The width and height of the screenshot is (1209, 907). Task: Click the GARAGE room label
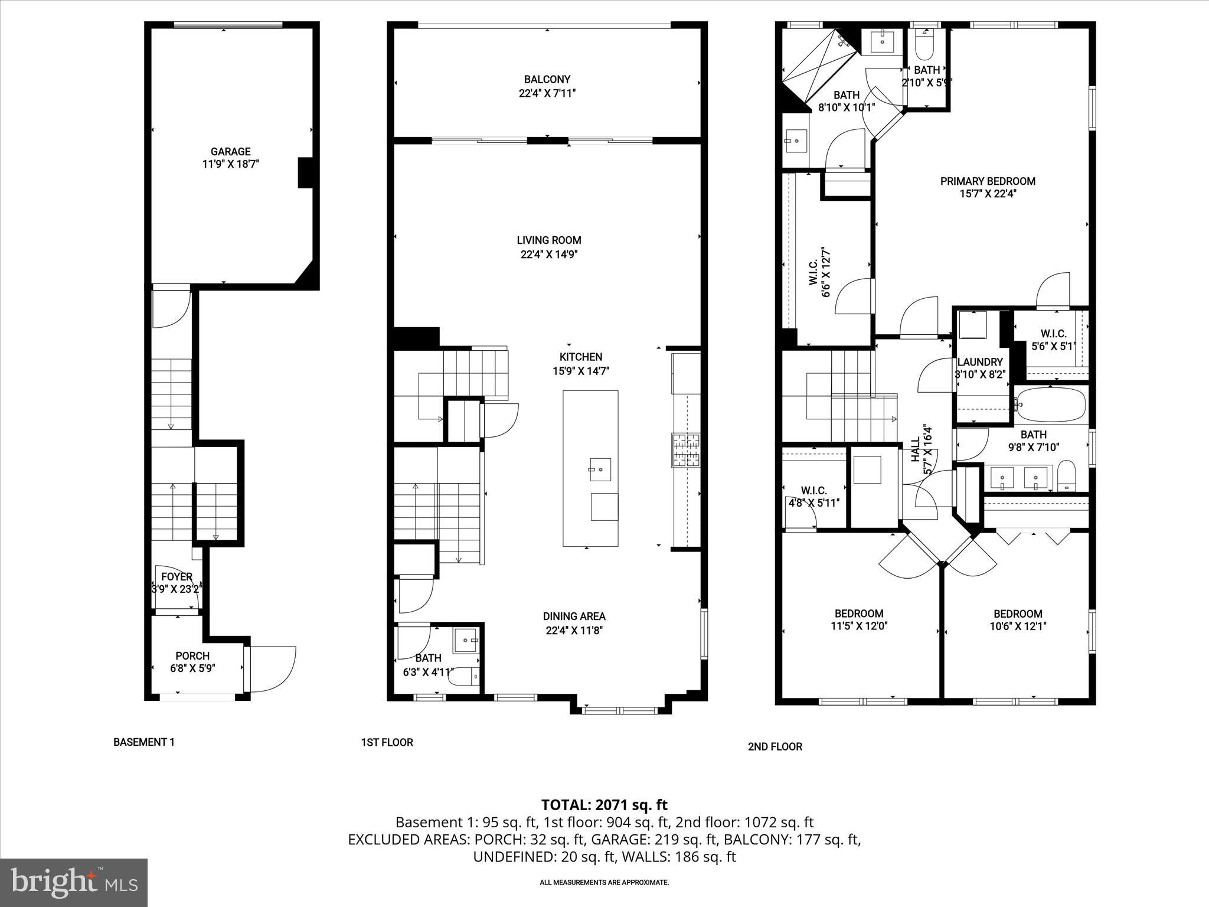(231, 152)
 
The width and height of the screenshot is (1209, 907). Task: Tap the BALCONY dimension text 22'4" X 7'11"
(547, 93)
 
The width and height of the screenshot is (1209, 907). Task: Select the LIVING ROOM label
(548, 240)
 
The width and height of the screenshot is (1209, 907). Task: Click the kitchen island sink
(600, 470)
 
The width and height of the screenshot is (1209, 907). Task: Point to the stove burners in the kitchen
(685, 450)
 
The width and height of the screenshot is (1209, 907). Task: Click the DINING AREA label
(574, 616)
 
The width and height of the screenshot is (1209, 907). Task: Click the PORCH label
(192, 656)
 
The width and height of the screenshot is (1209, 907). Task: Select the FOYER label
(177, 577)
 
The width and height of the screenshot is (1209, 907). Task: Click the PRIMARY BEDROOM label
(988, 181)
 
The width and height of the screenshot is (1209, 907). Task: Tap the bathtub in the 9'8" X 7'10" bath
(1051, 404)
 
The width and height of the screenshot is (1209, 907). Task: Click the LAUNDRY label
(980, 362)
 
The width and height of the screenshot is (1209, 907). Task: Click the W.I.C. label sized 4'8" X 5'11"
(813, 491)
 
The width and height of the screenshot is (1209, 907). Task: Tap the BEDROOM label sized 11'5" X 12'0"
(858, 614)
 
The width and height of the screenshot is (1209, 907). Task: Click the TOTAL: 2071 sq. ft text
(604, 804)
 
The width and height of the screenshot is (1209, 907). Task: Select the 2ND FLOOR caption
(775, 746)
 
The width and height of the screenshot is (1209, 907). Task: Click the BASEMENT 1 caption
(144, 742)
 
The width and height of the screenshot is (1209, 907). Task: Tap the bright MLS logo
(74, 882)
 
